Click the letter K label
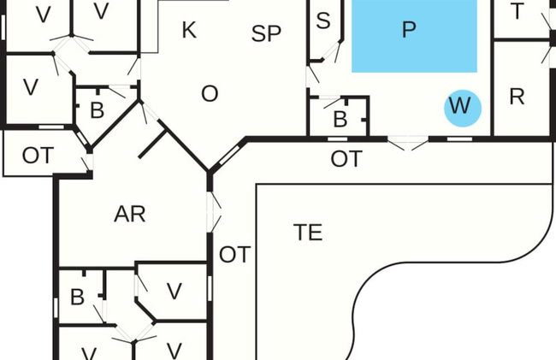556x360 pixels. tap(189, 30)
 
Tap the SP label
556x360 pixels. tap(266, 34)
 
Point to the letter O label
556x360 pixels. tap(210, 94)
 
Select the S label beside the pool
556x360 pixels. tap(323, 21)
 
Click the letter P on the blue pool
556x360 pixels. tap(409, 30)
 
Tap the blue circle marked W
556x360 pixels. tap(463, 108)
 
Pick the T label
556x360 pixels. tap(517, 11)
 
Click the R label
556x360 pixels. tap(517, 97)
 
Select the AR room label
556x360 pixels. tap(130, 214)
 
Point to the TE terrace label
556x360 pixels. tap(308, 233)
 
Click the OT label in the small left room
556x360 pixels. tap(38, 155)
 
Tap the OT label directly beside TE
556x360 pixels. tap(234, 255)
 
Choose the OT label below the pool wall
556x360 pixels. tap(346, 159)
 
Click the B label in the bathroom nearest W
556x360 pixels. tap(340, 120)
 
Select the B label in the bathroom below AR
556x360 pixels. tap(77, 297)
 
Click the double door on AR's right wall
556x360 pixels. tap(214, 212)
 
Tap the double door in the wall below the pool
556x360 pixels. tap(408, 143)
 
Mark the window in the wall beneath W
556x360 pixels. tap(459, 139)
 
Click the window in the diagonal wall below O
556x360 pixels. tap(230, 156)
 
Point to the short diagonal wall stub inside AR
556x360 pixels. tap(152, 144)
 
